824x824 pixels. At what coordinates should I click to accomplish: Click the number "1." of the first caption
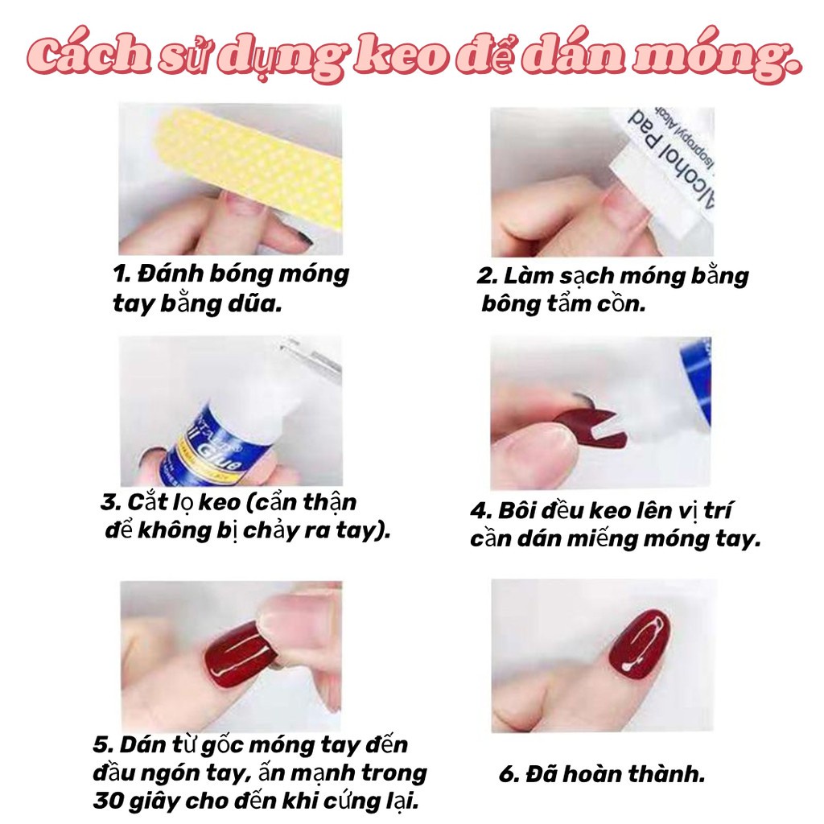coord(122,274)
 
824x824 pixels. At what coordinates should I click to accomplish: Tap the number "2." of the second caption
coord(488,276)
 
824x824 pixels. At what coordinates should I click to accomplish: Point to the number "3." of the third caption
coord(109,503)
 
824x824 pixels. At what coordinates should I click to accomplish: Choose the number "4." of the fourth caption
coord(480,511)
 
